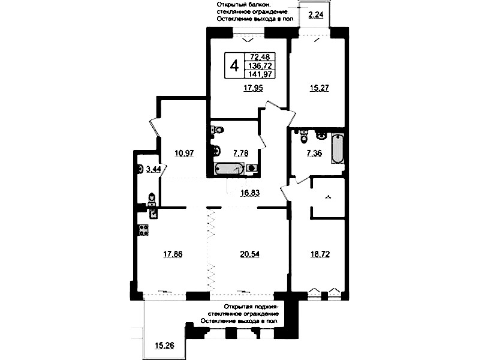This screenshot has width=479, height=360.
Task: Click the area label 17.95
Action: (253, 88)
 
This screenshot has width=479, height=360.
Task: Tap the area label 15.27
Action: (319, 88)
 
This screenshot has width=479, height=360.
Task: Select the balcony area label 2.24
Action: (315, 14)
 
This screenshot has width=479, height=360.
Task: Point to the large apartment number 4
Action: (234, 66)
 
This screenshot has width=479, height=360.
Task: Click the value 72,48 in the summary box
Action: (260, 56)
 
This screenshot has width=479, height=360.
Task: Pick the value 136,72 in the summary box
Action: (260, 65)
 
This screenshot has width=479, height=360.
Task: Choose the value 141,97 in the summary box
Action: (260, 74)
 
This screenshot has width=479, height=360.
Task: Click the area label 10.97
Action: (184, 153)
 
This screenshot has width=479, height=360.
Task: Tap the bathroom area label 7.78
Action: (241, 153)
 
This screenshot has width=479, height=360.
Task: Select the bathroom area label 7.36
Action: (314, 153)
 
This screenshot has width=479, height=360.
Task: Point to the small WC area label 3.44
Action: (153, 169)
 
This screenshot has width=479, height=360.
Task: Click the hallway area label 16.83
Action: (249, 193)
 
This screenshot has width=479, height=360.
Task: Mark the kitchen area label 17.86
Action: (173, 254)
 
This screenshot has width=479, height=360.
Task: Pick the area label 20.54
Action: (249, 254)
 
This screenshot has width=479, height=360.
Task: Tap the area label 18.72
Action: (320, 254)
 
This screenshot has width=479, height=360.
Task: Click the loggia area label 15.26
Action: (164, 346)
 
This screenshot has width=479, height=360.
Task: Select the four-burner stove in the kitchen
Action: (143, 230)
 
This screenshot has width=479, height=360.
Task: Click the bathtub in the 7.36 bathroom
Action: (338, 149)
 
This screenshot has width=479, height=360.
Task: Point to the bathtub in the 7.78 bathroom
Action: (229, 169)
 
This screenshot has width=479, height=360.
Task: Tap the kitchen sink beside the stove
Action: (153, 213)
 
